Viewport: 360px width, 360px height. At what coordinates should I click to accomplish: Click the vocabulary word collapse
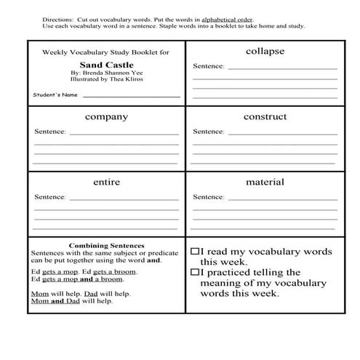pos(264,52)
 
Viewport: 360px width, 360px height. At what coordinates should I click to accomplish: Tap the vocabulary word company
pos(106,117)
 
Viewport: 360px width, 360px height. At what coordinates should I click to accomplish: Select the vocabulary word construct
pos(265,116)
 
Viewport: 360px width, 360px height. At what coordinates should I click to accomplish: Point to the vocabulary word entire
pos(106,182)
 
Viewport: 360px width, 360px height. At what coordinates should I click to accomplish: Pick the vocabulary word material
pos(265,182)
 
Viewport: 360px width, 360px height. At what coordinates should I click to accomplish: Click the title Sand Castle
pos(106,64)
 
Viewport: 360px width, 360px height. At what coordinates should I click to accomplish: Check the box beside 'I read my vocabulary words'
pos(195,250)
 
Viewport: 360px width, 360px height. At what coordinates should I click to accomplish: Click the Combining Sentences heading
pos(106,246)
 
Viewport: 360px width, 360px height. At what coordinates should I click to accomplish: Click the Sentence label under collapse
pos(208,66)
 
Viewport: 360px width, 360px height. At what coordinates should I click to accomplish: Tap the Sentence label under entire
pos(50,197)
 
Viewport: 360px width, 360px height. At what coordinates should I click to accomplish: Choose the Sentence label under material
pos(208,197)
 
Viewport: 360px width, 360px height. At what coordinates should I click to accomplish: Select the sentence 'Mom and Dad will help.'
pos(71,300)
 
